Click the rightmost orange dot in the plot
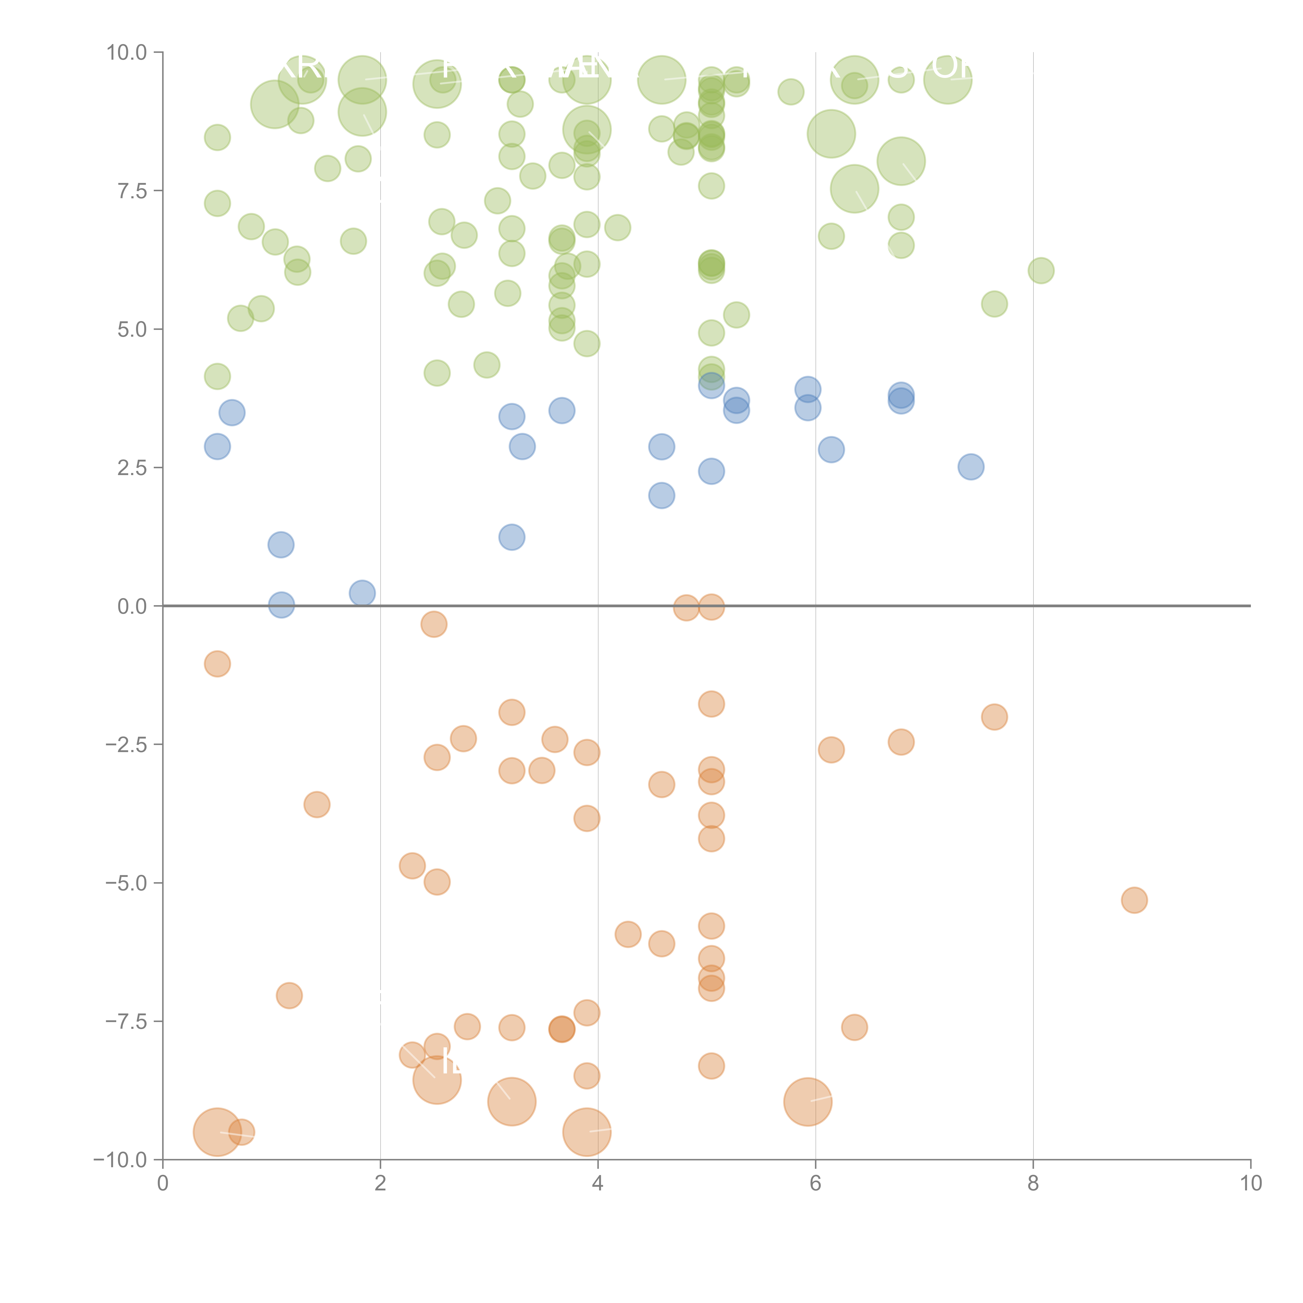pos(1134,900)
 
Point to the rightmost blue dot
pos(970,466)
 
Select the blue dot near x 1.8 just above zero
pos(362,593)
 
